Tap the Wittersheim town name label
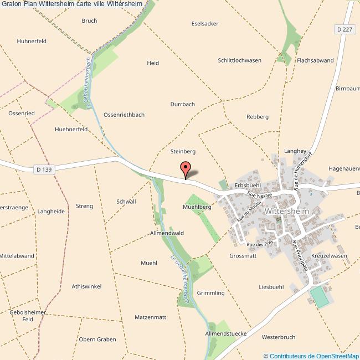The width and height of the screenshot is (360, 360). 287,211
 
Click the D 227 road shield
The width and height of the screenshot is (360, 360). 344,28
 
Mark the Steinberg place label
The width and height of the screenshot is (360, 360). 183,151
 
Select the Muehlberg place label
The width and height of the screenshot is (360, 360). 197,207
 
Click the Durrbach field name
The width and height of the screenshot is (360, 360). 182,104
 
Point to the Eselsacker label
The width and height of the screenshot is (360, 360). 204,24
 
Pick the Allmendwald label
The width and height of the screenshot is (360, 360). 167,233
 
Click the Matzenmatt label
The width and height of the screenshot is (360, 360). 151,317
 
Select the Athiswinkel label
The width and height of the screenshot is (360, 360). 86,286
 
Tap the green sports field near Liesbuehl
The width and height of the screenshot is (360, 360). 319,297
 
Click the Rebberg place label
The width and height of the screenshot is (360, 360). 257,116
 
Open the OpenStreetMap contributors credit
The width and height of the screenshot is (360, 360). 311,356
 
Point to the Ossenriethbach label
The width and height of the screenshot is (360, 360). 124,115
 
